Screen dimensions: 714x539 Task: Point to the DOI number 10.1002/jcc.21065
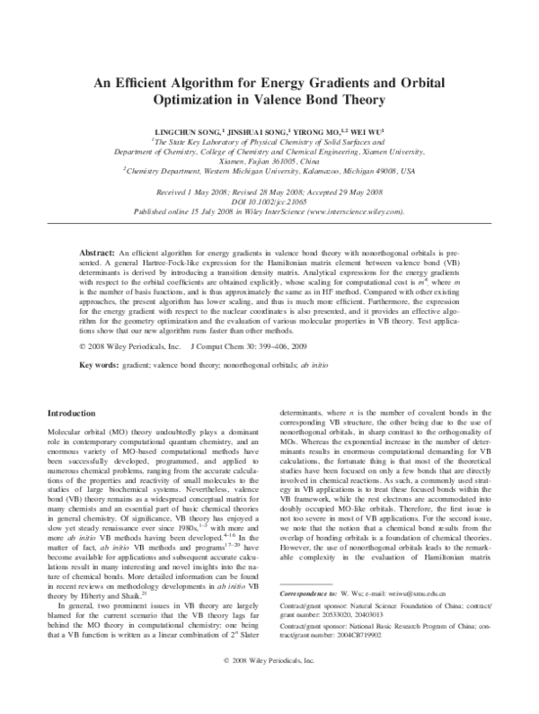tap(279, 202)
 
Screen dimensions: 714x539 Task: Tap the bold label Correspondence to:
tap(312, 620)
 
